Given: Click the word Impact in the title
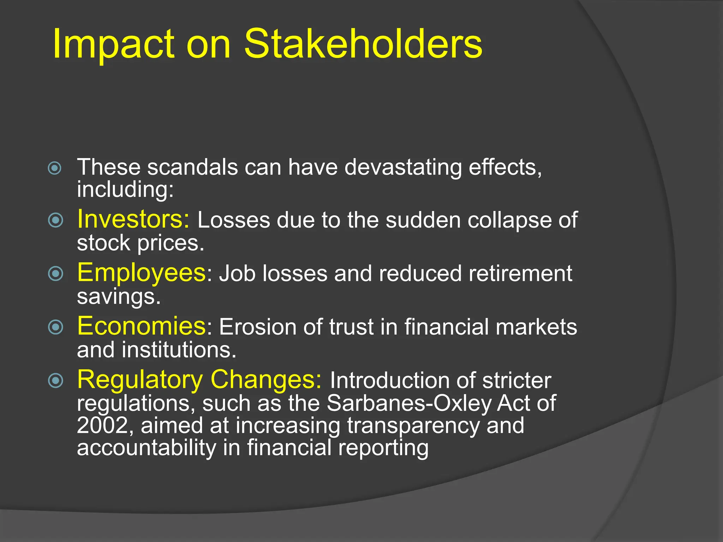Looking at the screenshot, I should click(x=113, y=44).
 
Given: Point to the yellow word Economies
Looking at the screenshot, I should click(x=142, y=326).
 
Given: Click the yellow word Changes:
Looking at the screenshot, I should click(x=266, y=380).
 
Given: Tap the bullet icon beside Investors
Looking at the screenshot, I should click(x=55, y=221).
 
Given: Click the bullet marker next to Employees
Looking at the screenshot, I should click(x=55, y=274).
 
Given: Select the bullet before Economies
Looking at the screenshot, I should click(x=55, y=327).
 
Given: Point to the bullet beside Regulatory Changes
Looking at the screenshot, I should click(x=55, y=380).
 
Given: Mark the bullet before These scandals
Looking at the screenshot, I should click(x=55, y=168).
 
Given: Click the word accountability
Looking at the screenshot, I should click(x=147, y=448).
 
